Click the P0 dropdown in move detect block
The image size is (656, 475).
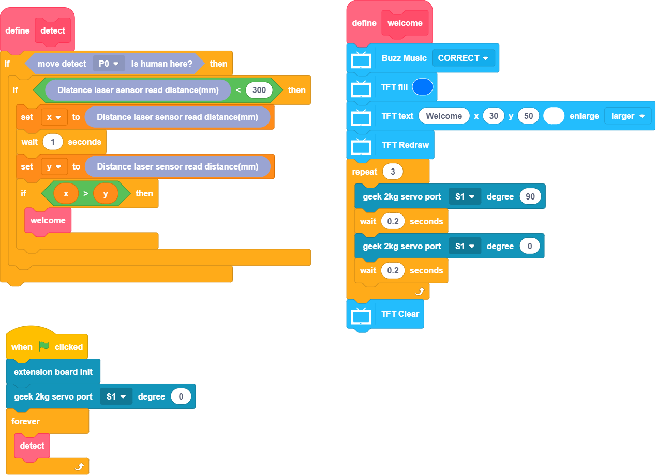click(109, 64)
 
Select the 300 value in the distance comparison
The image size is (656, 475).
click(259, 90)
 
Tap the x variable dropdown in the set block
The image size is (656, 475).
click(54, 117)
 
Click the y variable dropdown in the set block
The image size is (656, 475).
click(54, 166)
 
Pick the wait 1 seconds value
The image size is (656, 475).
click(53, 142)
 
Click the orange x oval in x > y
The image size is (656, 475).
click(66, 193)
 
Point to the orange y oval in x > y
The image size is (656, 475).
click(106, 193)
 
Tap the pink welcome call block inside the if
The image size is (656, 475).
click(48, 220)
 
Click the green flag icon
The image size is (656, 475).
click(43, 347)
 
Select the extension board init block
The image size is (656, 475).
click(53, 372)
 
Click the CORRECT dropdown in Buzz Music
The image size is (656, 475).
click(463, 58)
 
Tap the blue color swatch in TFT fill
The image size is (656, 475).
click(422, 87)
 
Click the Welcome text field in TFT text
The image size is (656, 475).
click(444, 116)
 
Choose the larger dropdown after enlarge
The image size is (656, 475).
click(628, 116)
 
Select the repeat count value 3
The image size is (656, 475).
click(393, 172)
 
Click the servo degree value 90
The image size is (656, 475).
click(530, 196)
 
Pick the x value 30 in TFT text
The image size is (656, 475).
click(494, 116)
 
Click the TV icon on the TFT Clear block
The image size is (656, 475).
click(361, 315)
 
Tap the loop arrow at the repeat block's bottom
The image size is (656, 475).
click(420, 292)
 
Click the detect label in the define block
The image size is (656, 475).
click(53, 30)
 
